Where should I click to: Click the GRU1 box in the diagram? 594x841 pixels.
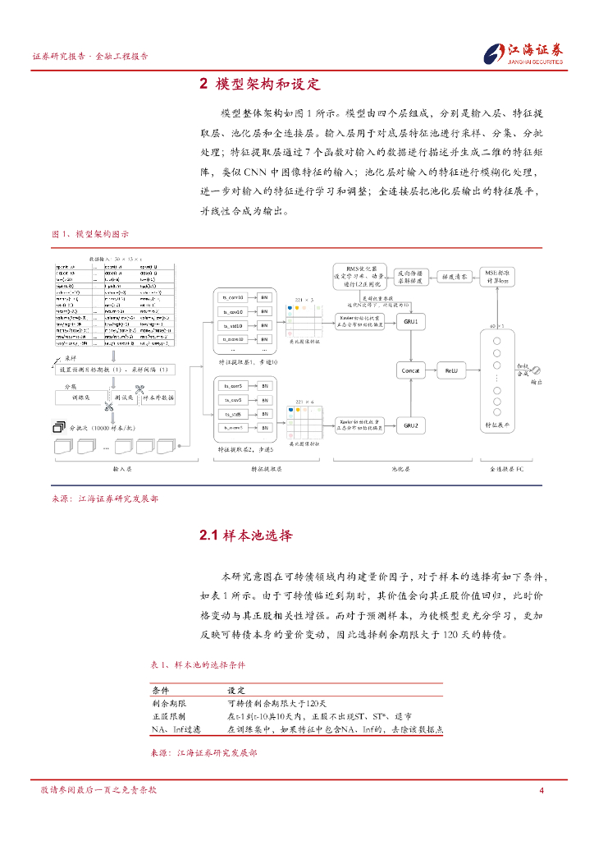[411, 322]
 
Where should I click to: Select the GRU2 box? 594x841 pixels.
[411, 425]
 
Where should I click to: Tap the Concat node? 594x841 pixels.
[411, 371]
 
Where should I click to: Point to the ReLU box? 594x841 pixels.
[450, 371]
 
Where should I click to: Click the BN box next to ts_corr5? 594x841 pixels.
[264, 385]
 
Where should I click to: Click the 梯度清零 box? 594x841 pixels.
[452, 277]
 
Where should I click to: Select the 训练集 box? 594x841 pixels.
[80, 397]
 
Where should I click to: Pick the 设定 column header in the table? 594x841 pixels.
[236, 691]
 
